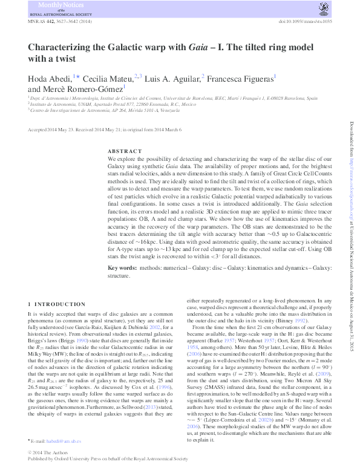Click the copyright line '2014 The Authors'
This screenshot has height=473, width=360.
pyautogui.click(x=52, y=453)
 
